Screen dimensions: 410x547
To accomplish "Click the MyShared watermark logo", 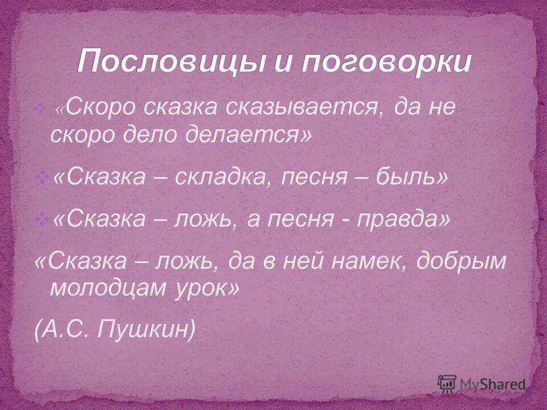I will click(481, 383).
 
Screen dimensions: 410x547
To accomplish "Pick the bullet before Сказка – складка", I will click(41, 179).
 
